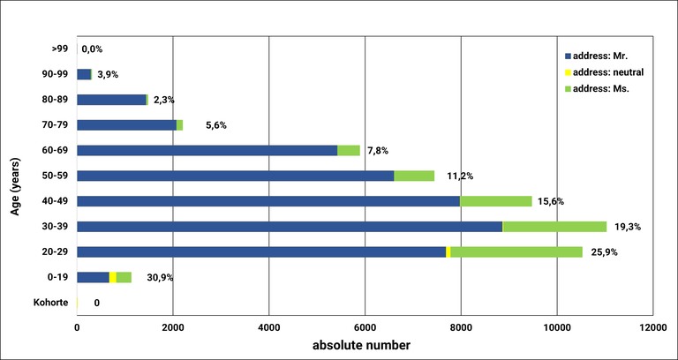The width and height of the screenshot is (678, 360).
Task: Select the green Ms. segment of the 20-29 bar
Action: pyautogui.click(x=516, y=252)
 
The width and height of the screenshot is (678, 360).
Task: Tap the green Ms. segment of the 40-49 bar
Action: pyautogui.click(x=495, y=201)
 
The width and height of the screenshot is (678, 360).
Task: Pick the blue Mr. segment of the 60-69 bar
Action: pyautogui.click(x=207, y=150)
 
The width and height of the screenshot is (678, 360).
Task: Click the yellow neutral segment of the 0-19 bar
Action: pyautogui.click(x=113, y=277)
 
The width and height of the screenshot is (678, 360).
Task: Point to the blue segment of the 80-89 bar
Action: pyautogui.click(x=111, y=100)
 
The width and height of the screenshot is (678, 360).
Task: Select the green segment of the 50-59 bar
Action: pyautogui.click(x=414, y=176)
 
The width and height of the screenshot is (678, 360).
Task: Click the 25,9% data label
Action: pyautogui.click(x=605, y=252)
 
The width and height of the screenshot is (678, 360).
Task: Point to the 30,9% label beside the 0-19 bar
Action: pyautogui.click(x=159, y=278)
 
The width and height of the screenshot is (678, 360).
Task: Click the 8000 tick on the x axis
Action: pyautogui.click(x=460, y=327)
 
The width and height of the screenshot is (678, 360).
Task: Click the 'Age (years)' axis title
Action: pyautogui.click(x=15, y=176)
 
